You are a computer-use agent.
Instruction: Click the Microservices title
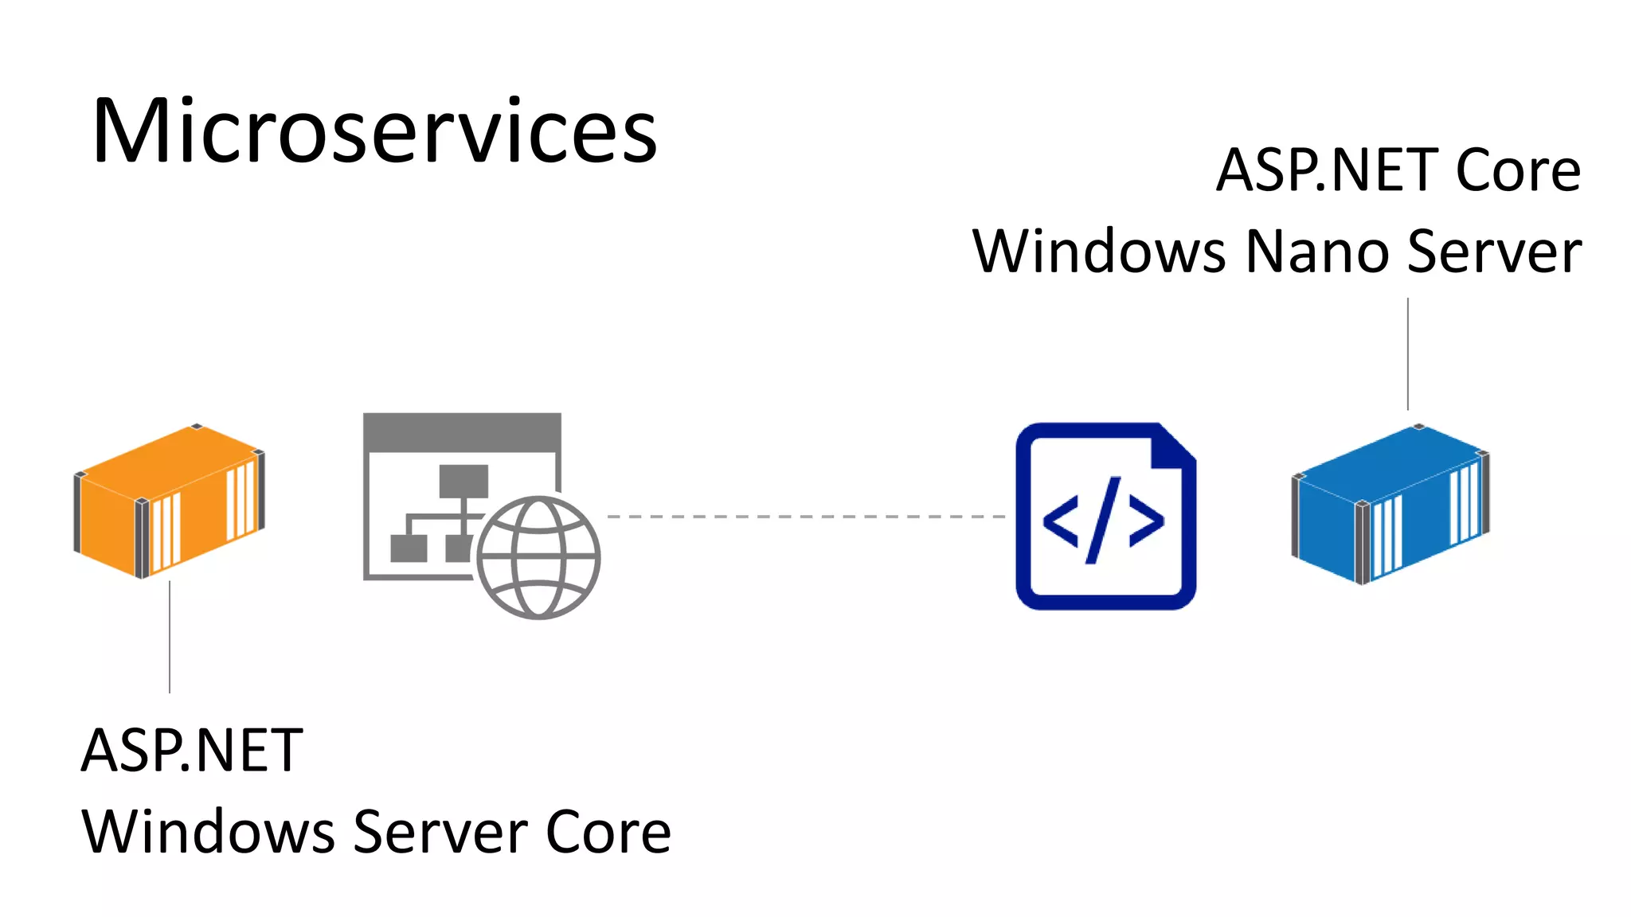point(374,131)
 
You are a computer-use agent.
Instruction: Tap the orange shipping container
point(169,501)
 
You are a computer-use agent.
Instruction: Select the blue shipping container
point(1390,505)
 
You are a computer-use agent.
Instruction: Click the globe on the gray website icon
point(538,557)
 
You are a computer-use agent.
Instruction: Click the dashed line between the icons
point(804,517)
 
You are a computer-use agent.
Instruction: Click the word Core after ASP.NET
point(1517,171)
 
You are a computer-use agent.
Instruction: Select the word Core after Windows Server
point(608,833)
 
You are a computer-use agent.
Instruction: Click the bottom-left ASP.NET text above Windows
point(192,751)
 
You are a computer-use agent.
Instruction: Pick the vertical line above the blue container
point(1408,354)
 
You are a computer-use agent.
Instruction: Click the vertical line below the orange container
point(170,637)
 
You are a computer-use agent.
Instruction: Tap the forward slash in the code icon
point(1104,520)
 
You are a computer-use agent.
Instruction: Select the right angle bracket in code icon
point(1146,521)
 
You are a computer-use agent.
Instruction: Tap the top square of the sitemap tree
point(463,481)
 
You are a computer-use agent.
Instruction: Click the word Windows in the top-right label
point(1098,252)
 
